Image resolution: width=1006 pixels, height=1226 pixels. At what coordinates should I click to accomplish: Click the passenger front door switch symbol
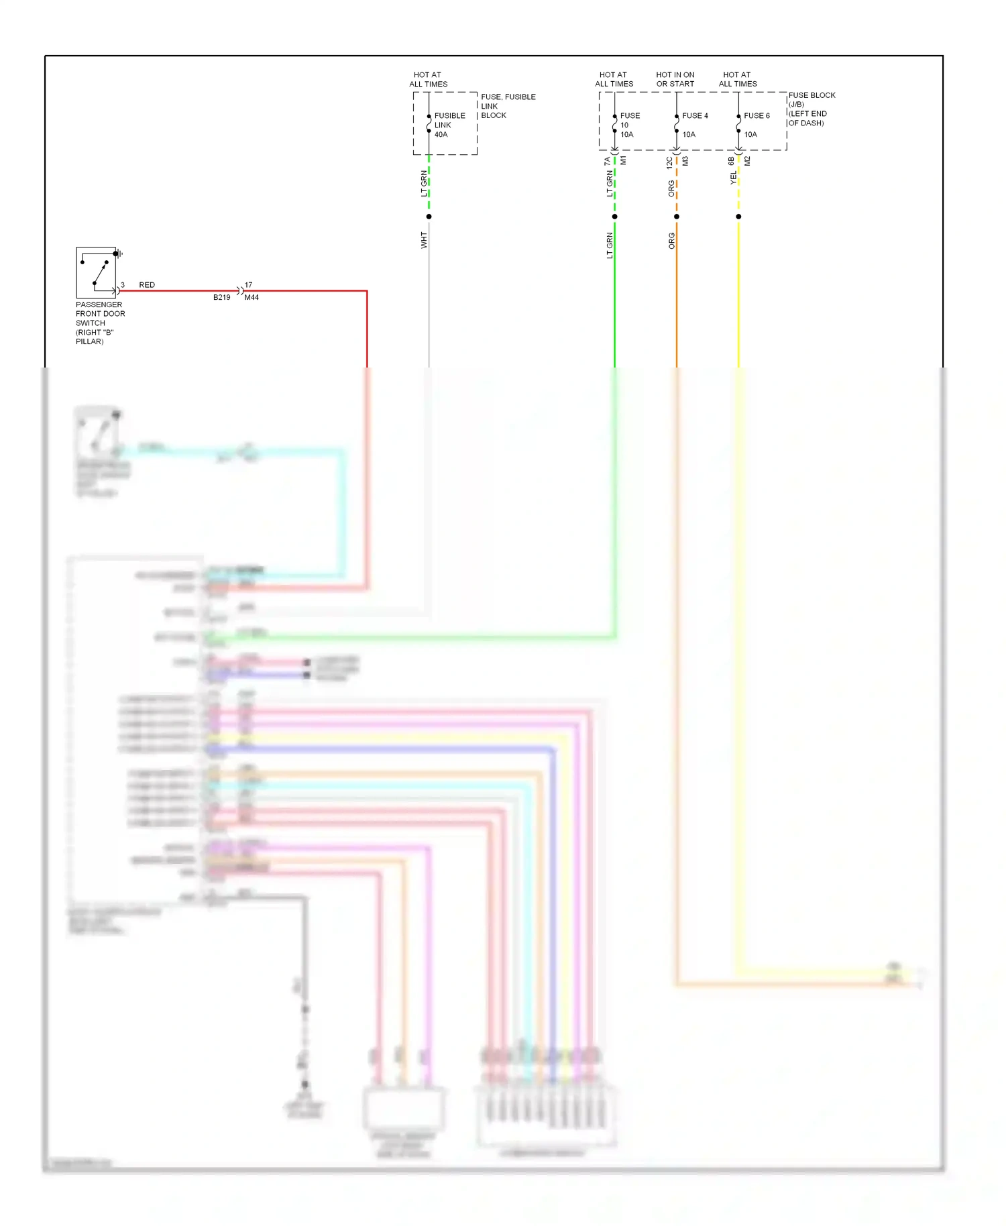click(x=96, y=272)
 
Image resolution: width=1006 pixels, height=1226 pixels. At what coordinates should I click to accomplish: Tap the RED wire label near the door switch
click(x=146, y=285)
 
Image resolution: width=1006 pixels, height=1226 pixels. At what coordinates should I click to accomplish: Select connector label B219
click(x=221, y=297)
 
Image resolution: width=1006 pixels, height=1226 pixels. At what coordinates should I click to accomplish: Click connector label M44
click(x=251, y=297)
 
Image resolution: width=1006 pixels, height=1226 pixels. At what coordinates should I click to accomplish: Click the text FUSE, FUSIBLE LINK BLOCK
click(x=508, y=106)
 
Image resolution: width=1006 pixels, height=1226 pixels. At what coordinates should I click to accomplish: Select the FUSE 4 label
click(x=695, y=115)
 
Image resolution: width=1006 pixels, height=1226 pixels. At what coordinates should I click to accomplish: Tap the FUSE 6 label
click(x=757, y=115)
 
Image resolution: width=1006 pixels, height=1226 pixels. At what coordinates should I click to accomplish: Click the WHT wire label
click(x=424, y=240)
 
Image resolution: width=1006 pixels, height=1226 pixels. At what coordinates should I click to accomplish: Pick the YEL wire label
click(x=733, y=178)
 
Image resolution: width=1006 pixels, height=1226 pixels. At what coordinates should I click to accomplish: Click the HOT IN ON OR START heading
click(x=675, y=79)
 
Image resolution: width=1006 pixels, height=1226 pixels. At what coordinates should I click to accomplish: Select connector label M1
click(x=623, y=161)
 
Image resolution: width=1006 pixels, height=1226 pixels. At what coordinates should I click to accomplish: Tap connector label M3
click(x=685, y=161)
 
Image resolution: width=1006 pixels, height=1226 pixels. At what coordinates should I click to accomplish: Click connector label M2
click(x=747, y=161)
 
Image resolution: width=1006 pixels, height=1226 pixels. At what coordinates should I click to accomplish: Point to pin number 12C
click(x=669, y=162)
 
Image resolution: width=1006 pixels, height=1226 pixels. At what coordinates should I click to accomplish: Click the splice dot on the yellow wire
click(x=738, y=217)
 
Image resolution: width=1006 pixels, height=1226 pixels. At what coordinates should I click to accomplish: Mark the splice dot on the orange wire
click(x=677, y=217)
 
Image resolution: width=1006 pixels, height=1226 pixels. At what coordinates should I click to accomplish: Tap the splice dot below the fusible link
click(x=429, y=217)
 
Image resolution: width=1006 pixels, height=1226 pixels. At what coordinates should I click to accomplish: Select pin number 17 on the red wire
click(x=248, y=285)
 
